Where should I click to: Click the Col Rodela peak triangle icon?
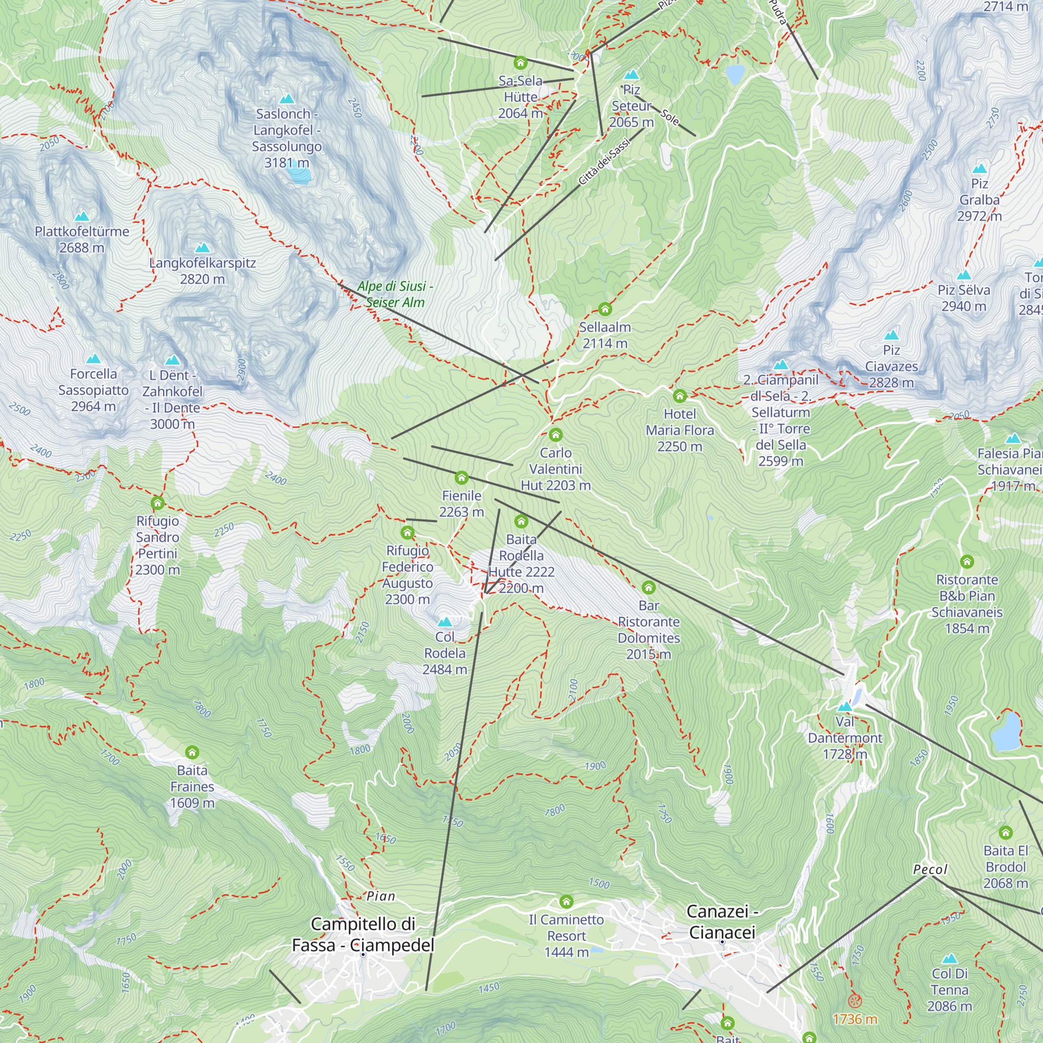tap(444, 622)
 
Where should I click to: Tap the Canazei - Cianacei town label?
tap(722, 922)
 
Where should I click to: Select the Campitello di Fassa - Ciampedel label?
tap(363, 935)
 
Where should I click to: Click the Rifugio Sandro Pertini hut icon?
tap(157, 503)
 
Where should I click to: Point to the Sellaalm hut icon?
tap(604, 309)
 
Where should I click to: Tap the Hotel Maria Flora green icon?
tap(680, 396)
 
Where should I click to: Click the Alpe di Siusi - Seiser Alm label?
tap(395, 294)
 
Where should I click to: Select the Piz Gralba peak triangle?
tap(979, 168)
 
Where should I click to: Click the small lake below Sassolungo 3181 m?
tap(298, 173)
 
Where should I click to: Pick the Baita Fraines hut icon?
tap(192, 753)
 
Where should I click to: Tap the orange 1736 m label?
tap(855, 1019)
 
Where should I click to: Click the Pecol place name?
tap(930, 870)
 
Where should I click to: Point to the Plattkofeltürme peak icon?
tap(81, 216)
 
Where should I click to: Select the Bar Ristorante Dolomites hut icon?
tap(648, 587)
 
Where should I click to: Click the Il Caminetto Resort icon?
tap(566, 902)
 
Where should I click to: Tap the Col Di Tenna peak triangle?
tap(950, 959)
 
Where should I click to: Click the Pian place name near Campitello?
tap(381, 896)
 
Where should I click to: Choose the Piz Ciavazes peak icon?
tap(891, 335)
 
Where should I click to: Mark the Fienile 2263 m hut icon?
tap(461, 478)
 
